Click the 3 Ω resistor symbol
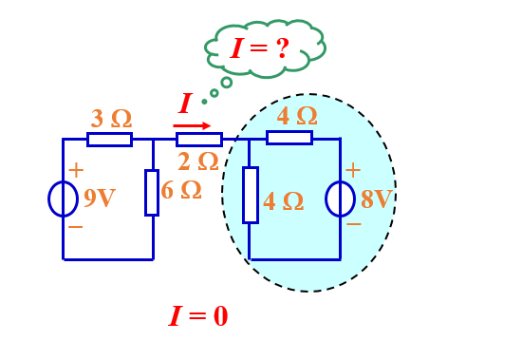coord(109,140)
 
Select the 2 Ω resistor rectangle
coord(199,140)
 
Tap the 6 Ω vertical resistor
coord(152,193)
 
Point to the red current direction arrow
coord(192,125)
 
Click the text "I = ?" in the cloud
coord(259,48)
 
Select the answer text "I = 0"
coord(198,315)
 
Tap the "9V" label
coord(100,198)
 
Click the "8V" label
coord(377,199)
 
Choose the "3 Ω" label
coord(112,119)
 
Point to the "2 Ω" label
coord(198,161)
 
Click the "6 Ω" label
coord(181,190)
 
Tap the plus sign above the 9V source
coord(76,170)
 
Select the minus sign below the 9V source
coord(76,227)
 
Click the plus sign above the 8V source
coord(353,170)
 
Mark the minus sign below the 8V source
coord(354,224)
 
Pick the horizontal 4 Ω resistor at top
coord(289,138)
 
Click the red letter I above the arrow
coord(185,104)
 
